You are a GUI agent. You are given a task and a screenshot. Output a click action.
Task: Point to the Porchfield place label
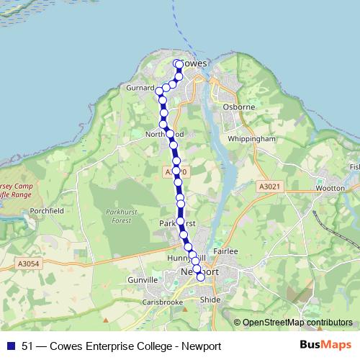[x=45, y=211]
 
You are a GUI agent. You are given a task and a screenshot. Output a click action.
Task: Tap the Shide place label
[x=210, y=299]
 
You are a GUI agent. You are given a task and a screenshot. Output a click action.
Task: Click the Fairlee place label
[x=225, y=251]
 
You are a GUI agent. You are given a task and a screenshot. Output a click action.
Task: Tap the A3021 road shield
[x=267, y=186]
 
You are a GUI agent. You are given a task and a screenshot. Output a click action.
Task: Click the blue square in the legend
[x=10, y=346]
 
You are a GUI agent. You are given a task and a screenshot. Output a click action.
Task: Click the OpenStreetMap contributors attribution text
[x=297, y=323]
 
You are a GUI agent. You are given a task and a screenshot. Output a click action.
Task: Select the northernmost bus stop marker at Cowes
[x=178, y=64]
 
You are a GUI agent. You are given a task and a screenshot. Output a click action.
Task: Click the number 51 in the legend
[x=27, y=346]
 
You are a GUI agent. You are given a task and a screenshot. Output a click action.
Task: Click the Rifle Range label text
[x=15, y=194]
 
